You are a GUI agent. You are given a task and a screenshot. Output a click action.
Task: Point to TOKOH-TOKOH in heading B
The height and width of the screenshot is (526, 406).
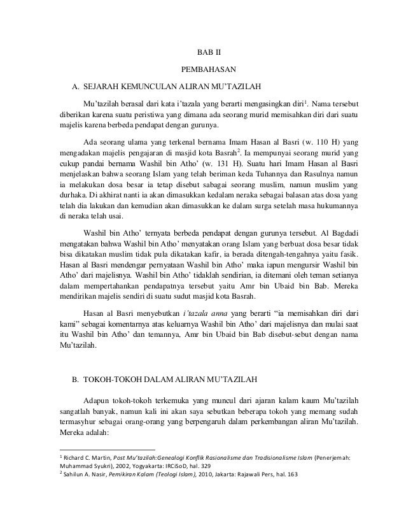click(x=112, y=381)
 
